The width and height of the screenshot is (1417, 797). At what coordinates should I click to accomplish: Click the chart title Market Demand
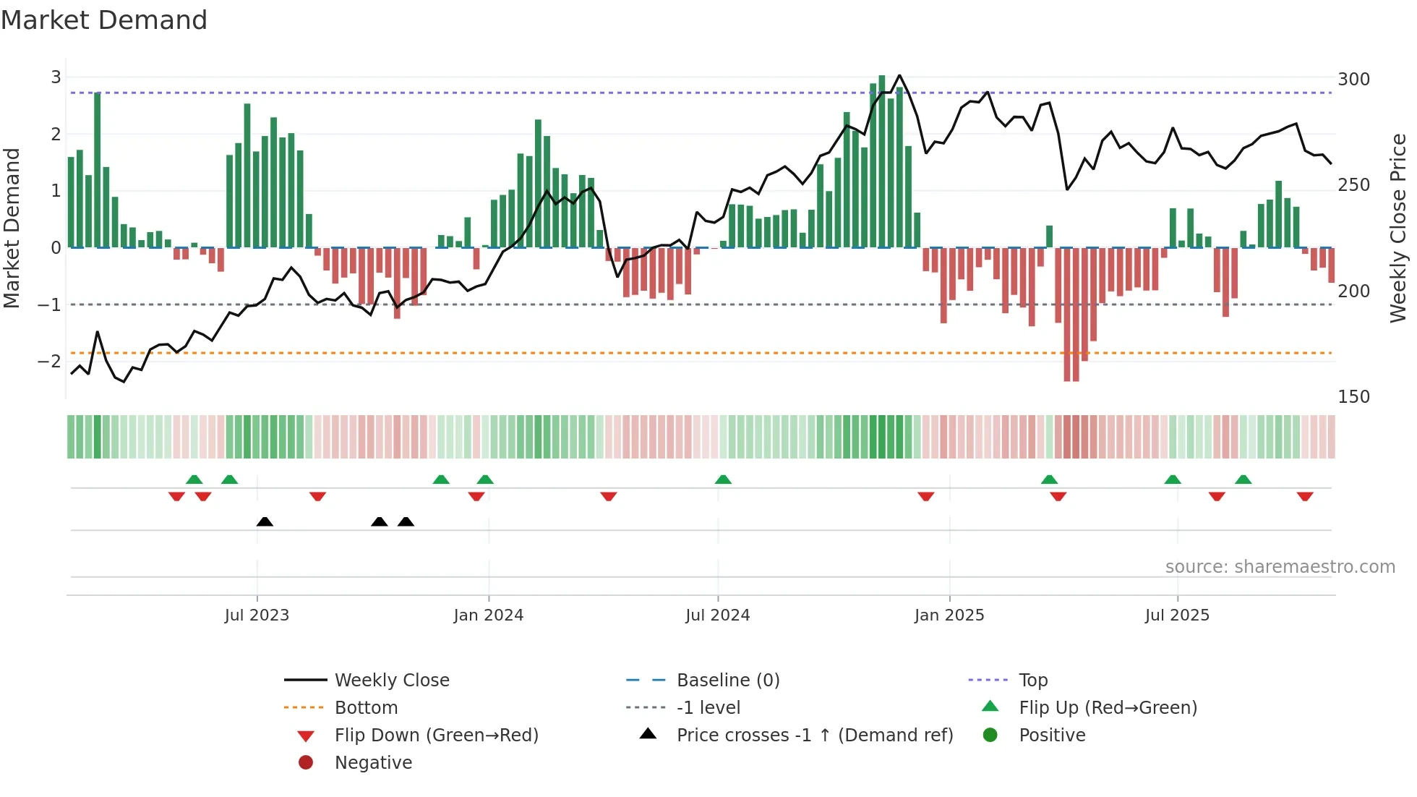104,20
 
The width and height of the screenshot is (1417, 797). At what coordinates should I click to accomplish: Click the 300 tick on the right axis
1353,80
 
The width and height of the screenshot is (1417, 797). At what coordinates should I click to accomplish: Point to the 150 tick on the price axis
1353,397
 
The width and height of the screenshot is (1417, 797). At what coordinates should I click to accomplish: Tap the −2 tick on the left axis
49,361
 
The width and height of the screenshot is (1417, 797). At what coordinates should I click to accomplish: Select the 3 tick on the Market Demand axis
56,77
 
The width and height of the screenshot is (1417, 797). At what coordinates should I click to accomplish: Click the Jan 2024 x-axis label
488,615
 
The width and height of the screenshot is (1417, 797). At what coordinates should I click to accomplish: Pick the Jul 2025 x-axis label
1177,615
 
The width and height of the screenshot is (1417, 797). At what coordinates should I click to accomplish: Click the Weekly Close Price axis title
1398,228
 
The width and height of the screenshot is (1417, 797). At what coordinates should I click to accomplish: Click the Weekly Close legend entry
391,681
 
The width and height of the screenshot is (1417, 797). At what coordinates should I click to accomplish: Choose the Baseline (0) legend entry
727,681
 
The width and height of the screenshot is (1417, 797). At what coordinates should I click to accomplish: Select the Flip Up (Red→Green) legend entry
1108,708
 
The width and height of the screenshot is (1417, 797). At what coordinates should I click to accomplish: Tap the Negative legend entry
373,763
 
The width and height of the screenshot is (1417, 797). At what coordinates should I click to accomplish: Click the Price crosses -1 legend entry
814,736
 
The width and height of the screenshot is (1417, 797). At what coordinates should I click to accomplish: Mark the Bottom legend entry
366,708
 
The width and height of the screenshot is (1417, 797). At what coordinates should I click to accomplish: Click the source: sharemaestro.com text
1280,567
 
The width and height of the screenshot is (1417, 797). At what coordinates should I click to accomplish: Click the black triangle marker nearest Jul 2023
265,522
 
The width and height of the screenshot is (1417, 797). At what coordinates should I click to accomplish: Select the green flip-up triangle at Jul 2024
723,480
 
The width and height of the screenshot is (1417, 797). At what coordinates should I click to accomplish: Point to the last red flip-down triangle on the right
1305,496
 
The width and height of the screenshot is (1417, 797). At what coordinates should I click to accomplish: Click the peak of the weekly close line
899,75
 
